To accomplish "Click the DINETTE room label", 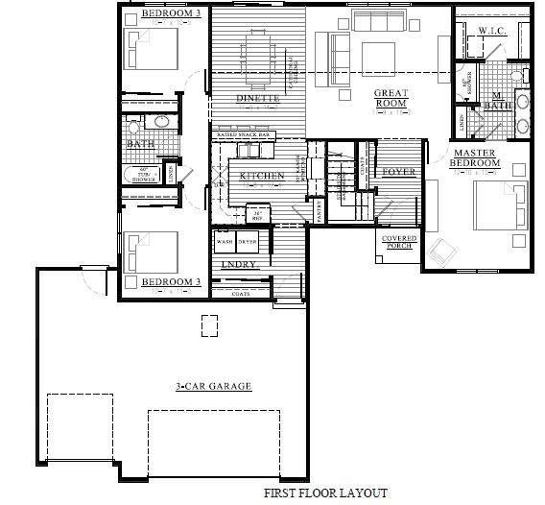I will [x=257, y=99].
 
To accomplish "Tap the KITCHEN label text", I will [x=262, y=176].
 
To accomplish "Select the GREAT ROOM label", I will [x=392, y=97].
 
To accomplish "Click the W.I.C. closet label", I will [x=492, y=32].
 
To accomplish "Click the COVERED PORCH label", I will [x=398, y=242].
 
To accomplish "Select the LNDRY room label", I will [x=236, y=264].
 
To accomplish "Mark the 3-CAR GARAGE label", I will [x=200, y=386].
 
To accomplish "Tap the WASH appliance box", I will [x=225, y=243].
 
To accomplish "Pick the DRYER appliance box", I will [x=248, y=243].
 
